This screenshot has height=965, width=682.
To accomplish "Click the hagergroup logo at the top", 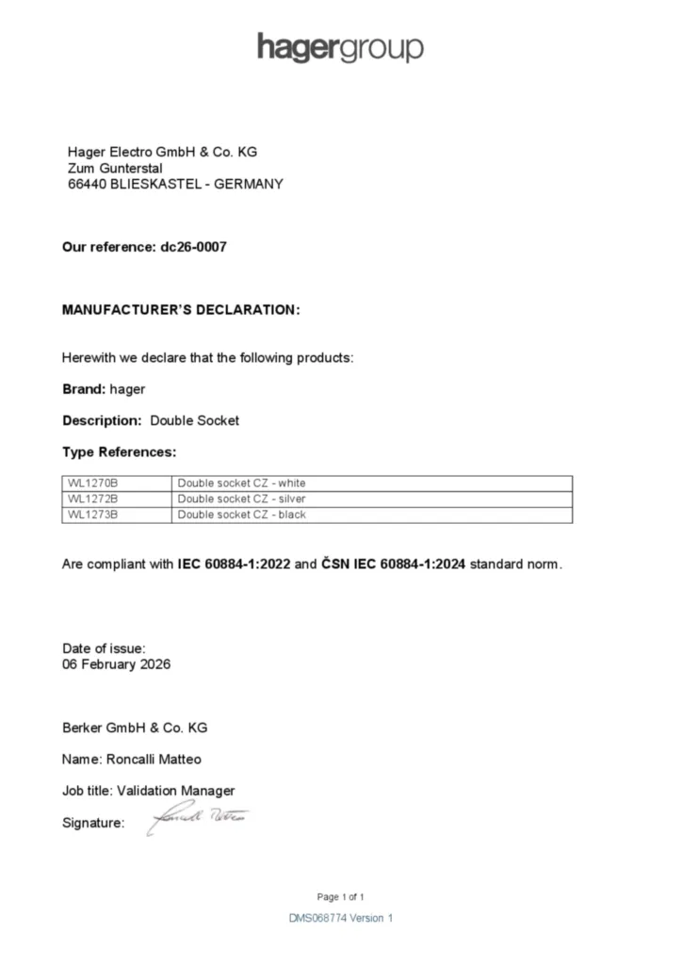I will tap(340, 47).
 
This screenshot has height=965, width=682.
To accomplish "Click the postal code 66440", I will tap(88, 185).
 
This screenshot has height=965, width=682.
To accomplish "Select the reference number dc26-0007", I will tap(193, 247).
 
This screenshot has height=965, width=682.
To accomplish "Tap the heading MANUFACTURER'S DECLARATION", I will tap(181, 310).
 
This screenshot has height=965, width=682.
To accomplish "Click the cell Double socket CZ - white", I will tap(242, 483).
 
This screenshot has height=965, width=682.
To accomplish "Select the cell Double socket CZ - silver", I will tap(242, 499).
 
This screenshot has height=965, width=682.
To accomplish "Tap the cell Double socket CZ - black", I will tap(242, 515).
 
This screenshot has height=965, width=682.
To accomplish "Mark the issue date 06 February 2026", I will tap(116, 664).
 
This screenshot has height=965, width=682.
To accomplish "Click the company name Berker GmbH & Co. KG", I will tap(135, 728).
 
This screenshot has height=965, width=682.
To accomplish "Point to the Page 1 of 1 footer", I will tap(340, 896).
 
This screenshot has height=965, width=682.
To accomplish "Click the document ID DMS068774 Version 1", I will tap(340, 918).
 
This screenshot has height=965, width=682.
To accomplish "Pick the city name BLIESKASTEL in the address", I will tap(156, 185).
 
